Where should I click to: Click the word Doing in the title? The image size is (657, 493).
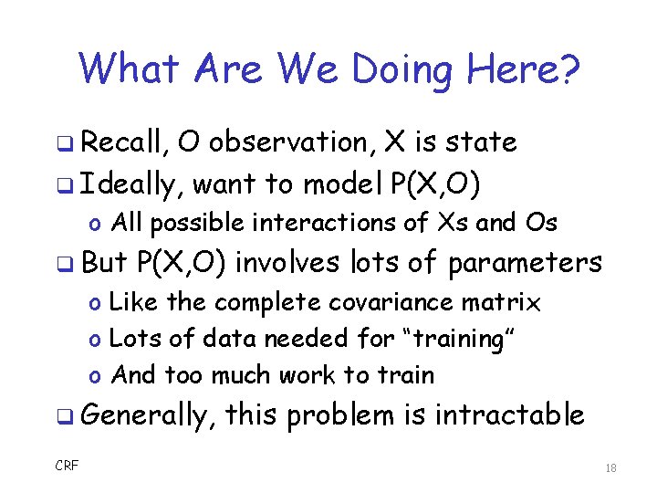405,69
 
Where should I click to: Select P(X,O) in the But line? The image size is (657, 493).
185,263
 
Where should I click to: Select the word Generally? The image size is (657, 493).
147,416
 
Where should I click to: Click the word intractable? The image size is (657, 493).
508,415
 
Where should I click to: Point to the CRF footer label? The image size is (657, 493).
67,467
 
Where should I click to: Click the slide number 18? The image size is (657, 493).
610,467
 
